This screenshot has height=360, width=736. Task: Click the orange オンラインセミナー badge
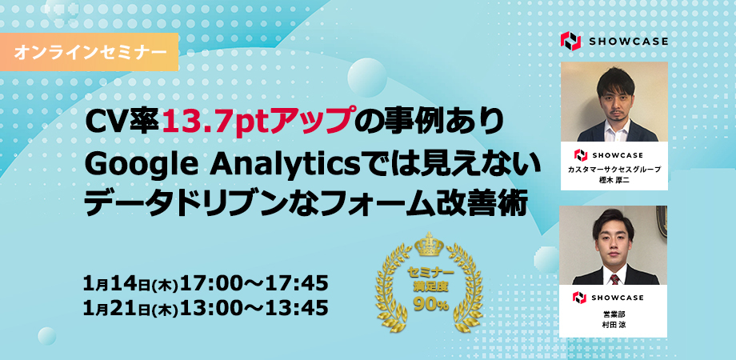tap(89, 52)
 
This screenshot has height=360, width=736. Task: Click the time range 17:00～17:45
tap(254, 283)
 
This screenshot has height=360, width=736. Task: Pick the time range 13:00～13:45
tap(254, 307)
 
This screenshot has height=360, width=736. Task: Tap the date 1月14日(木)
tap(131, 283)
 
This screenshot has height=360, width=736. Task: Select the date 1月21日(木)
tap(131, 308)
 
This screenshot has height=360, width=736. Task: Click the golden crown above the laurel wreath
tap(430, 245)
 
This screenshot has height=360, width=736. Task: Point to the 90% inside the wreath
tap(431, 304)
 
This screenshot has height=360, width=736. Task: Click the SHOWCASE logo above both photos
tap(614, 42)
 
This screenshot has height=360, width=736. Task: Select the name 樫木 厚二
tap(614, 180)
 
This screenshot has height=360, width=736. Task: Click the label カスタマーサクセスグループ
tap(614, 170)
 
